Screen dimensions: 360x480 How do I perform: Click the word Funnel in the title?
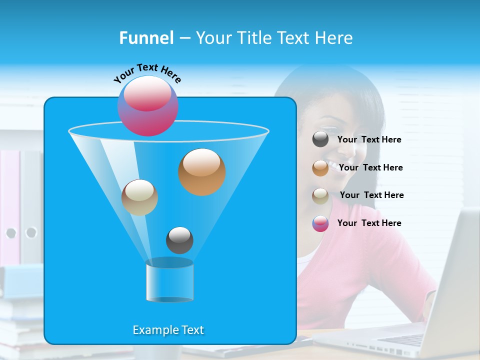146,38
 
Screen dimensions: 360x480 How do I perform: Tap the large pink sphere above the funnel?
148,105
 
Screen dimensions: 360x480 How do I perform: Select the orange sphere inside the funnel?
201,172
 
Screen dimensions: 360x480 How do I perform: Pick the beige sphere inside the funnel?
139,197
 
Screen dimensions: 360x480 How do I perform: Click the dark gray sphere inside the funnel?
179,240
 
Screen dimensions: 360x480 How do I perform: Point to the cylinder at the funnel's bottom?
169,280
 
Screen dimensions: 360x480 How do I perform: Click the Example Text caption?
168,330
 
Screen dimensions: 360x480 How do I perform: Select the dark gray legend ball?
320,139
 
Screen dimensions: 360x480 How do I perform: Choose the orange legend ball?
320,167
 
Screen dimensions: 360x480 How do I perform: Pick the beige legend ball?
320,195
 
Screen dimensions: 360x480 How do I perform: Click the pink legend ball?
320,223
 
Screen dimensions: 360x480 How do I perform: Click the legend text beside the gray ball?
369,140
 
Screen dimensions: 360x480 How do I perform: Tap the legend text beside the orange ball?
370,168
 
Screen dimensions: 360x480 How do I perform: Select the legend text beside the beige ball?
371,195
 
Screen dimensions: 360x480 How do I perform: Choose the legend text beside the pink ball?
369,223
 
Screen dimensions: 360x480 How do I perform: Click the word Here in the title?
334,38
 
